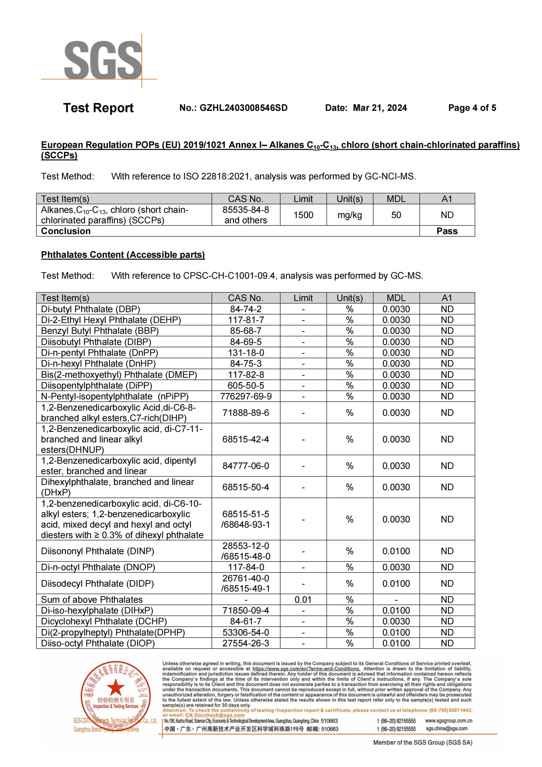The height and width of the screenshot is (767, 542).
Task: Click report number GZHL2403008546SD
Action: tap(233, 108)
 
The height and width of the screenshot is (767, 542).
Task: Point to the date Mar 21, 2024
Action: tap(380, 108)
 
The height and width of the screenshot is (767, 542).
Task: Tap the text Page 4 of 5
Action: tap(472, 108)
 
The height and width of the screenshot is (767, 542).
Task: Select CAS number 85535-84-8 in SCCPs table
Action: tap(246, 210)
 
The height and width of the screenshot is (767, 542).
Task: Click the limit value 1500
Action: tap(303, 215)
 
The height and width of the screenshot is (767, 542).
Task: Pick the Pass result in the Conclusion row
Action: tap(447, 231)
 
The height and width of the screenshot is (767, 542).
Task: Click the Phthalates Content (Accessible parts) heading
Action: tap(123, 254)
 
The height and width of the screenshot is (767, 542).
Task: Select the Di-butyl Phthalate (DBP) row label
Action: tap(90, 309)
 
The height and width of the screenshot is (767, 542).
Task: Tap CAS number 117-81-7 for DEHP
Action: tap(246, 320)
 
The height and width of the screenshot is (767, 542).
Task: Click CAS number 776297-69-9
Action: tap(246, 396)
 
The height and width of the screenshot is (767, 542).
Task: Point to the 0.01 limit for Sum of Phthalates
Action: tap(303, 600)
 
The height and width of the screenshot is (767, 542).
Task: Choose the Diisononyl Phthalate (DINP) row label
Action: tap(97, 551)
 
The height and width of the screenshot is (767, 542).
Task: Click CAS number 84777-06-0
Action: tap(246, 466)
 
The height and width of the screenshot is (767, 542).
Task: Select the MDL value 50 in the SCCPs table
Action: tap(396, 215)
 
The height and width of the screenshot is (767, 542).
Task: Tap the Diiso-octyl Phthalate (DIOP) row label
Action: tap(98, 643)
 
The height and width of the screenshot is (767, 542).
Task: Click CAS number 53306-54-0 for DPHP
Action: tap(246, 632)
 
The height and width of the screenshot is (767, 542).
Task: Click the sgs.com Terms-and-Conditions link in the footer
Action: tap(306, 669)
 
